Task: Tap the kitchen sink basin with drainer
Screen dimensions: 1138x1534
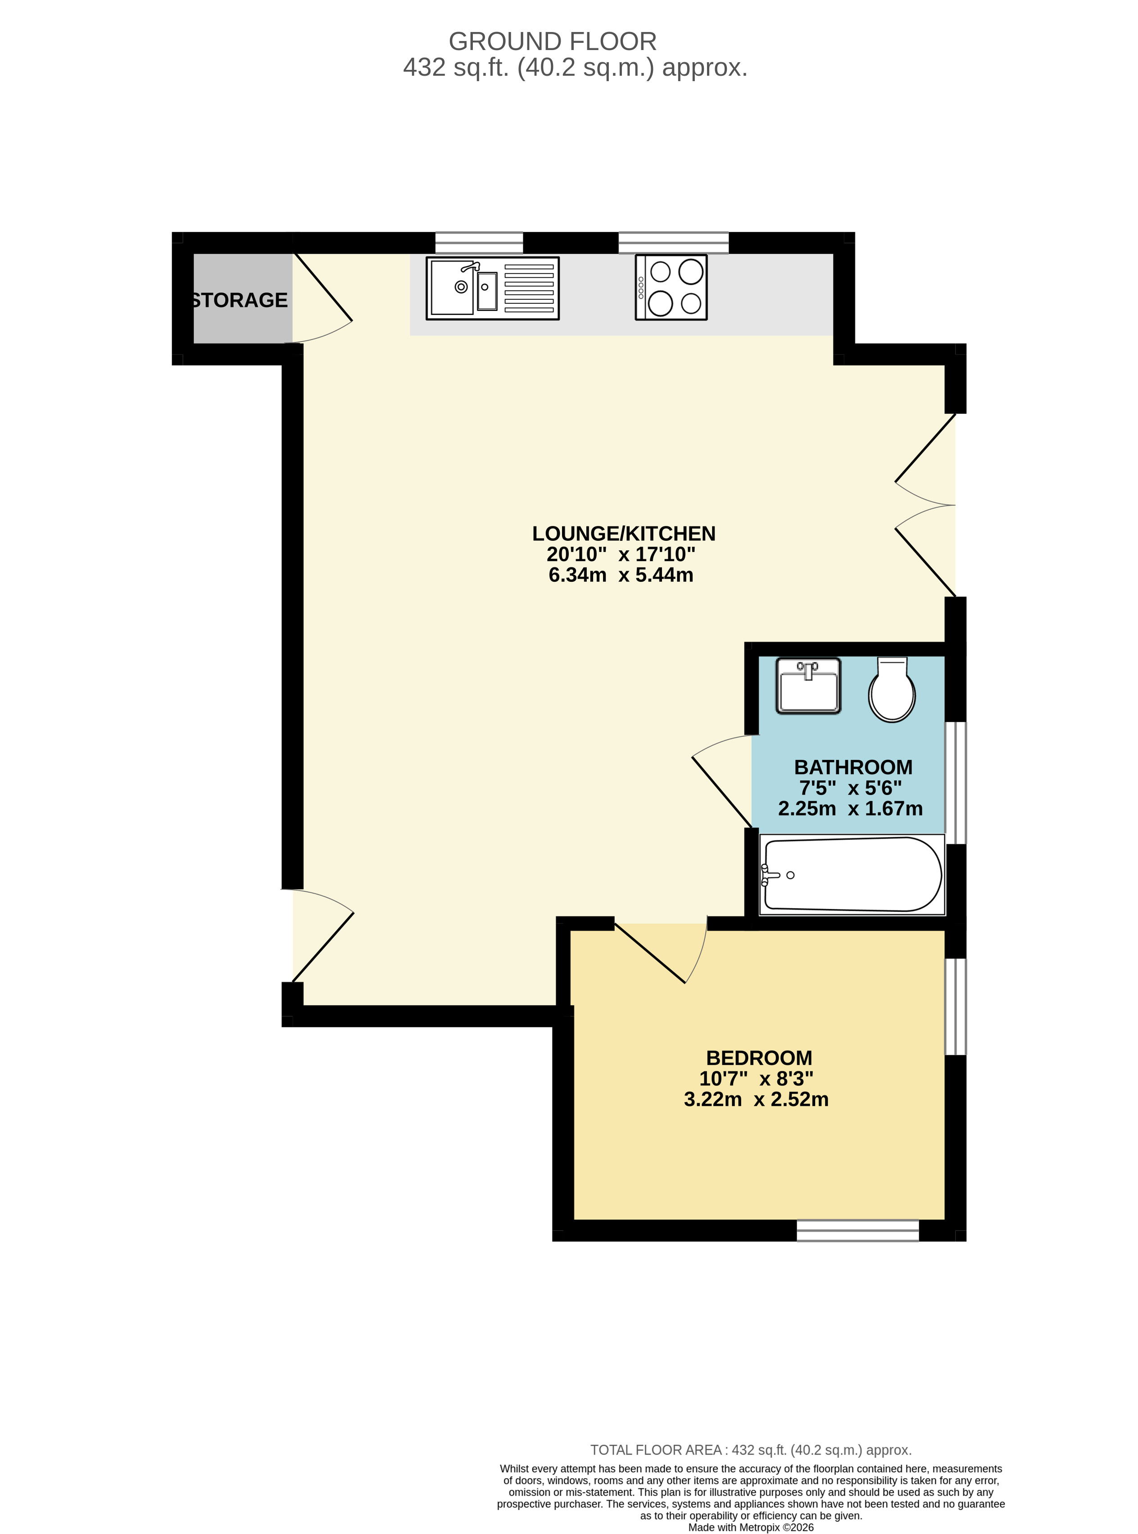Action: pyautogui.click(x=493, y=288)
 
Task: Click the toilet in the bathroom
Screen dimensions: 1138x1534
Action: pyautogui.click(x=892, y=689)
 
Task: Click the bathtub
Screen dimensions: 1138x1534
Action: pyautogui.click(x=852, y=875)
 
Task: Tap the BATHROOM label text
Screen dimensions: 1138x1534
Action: pyautogui.click(x=853, y=767)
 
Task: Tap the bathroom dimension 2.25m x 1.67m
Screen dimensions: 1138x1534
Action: pyautogui.click(x=850, y=808)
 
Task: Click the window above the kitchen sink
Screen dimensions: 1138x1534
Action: pyautogui.click(x=479, y=242)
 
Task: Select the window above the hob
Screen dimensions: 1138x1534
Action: pyautogui.click(x=673, y=242)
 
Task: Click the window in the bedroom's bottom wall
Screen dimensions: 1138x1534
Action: pyautogui.click(x=857, y=1230)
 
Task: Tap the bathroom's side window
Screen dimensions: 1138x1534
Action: pyautogui.click(x=956, y=783)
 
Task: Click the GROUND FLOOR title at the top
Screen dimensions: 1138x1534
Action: pyautogui.click(x=553, y=42)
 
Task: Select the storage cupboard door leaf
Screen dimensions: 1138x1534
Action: pyautogui.click(x=323, y=288)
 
